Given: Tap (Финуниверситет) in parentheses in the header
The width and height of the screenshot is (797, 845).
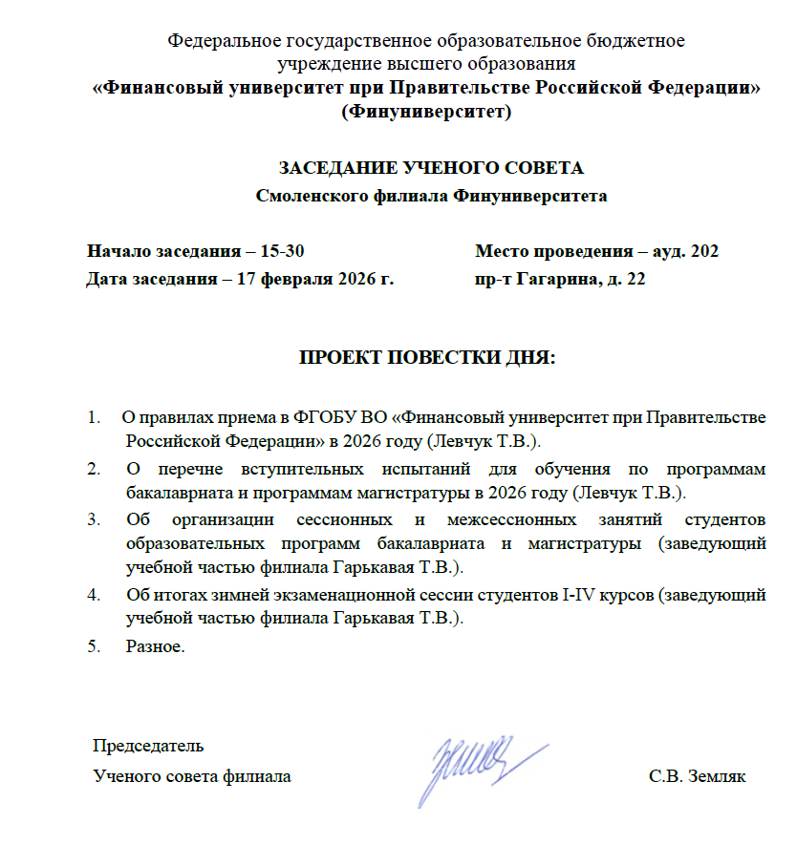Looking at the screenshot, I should [426, 111].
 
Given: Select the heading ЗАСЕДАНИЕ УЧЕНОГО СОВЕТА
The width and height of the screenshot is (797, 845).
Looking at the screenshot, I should [430, 168].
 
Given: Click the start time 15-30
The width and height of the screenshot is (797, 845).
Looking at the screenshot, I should [284, 252].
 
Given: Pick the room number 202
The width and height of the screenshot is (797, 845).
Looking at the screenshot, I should [703, 252].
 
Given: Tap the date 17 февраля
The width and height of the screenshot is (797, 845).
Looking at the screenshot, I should [265, 281].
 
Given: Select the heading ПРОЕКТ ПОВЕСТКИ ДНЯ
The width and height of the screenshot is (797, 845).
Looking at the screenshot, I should [427, 359].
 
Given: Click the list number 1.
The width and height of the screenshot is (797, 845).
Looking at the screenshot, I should [93, 418].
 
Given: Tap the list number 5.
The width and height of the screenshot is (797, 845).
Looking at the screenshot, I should [93, 646].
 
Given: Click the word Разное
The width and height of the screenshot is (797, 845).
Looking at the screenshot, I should [153, 646].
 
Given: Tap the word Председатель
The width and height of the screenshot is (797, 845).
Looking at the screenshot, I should [148, 744].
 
